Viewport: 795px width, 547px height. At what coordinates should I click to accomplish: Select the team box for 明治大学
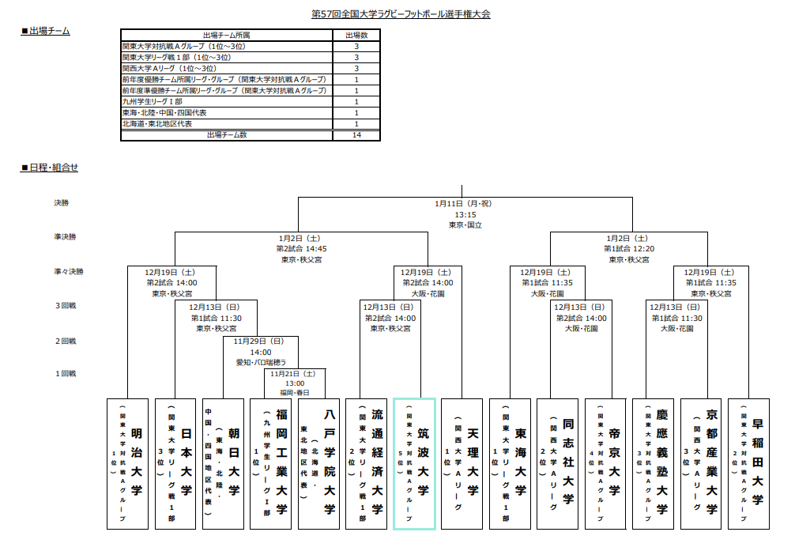pyautogui.click(x=128, y=463)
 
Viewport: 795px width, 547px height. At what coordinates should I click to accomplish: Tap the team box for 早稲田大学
pyautogui.click(x=748, y=463)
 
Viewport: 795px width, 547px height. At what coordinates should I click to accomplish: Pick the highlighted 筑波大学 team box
pyautogui.click(x=414, y=463)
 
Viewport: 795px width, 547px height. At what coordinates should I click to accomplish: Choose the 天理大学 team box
pyautogui.click(x=462, y=463)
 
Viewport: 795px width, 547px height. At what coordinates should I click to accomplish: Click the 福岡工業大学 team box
pyautogui.click(x=271, y=463)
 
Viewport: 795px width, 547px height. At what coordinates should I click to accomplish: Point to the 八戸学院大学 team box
pyautogui.click(x=318, y=463)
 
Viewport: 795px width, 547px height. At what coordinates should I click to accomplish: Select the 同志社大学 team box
pyautogui.click(x=558, y=463)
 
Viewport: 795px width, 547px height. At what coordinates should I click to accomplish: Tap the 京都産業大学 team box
pyautogui.click(x=701, y=463)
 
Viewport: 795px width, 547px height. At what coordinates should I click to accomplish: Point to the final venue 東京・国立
pyautogui.click(x=465, y=225)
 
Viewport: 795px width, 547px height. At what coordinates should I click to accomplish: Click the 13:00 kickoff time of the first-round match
pyautogui.click(x=295, y=383)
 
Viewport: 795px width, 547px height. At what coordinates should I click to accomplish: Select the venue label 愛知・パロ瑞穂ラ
pyautogui.click(x=261, y=362)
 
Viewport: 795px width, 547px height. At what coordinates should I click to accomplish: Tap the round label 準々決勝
pyautogui.click(x=69, y=271)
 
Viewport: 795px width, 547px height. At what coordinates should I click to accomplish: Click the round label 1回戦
pyautogui.click(x=66, y=373)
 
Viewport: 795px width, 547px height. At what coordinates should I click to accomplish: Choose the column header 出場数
pyautogui.click(x=356, y=36)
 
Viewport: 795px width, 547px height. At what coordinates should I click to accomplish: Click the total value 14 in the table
pyautogui.click(x=356, y=135)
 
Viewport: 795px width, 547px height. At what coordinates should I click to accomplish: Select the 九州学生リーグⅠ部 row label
pyautogui.click(x=153, y=102)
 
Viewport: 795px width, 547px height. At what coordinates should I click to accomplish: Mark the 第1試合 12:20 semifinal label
pyautogui.click(x=629, y=248)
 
